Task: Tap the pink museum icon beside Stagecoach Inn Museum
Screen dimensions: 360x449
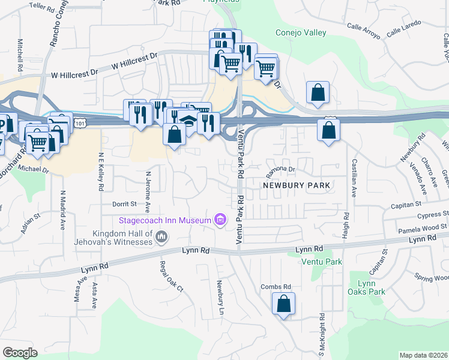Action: click(x=220, y=221)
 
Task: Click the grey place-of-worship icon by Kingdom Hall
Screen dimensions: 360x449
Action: click(x=160, y=238)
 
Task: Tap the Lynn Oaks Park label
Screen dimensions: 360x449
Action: click(x=366, y=287)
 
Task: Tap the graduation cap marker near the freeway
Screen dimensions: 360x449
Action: click(x=188, y=121)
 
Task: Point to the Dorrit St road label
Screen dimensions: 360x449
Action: click(x=125, y=204)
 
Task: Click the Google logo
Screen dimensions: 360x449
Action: click(x=20, y=353)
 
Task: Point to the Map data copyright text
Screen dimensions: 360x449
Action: click(x=424, y=355)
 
